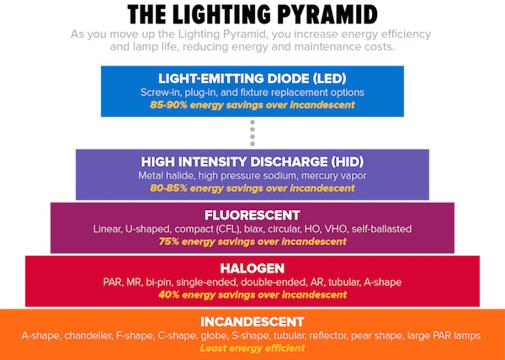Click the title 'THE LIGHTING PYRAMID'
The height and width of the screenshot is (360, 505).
(252, 14)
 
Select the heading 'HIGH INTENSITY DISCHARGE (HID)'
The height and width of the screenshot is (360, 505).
(252, 162)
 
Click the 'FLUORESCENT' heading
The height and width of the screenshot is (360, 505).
(252, 214)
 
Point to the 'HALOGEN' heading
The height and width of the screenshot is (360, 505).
(252, 267)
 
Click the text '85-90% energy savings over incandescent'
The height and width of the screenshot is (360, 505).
(252, 104)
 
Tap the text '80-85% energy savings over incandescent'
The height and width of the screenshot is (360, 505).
(252, 188)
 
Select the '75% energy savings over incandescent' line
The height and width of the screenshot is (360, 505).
(252, 241)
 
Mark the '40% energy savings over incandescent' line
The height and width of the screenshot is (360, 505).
(252, 294)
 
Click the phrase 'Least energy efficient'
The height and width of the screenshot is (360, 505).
(252, 348)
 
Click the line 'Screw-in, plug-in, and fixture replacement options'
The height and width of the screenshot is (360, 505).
(252, 92)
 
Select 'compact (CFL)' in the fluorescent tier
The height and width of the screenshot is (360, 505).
(211, 229)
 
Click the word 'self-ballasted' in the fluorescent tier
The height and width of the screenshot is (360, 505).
(380, 229)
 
